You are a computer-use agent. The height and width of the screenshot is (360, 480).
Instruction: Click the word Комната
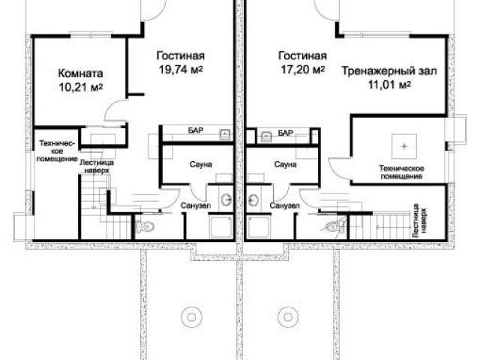point(80,73)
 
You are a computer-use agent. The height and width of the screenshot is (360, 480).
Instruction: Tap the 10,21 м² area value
point(80,87)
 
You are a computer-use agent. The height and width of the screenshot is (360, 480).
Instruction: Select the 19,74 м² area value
point(181,70)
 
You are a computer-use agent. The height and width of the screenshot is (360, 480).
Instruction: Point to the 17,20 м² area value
point(303,70)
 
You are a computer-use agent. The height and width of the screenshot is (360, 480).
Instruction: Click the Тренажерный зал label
point(389,71)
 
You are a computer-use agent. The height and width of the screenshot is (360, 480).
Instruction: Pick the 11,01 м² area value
point(389,84)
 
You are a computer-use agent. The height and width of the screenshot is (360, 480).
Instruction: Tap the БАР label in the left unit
point(196,130)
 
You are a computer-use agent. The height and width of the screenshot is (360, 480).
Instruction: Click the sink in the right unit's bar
point(267,136)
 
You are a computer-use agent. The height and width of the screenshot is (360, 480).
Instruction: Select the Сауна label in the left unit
point(201,164)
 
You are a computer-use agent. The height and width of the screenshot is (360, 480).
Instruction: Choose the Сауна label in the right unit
point(285,164)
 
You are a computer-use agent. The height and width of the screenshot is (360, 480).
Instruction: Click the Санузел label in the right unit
point(285,205)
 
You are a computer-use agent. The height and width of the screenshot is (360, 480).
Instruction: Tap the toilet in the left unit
point(145,226)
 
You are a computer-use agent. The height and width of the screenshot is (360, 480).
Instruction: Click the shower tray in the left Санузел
point(220,226)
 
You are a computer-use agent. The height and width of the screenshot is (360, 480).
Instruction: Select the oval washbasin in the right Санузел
point(253,200)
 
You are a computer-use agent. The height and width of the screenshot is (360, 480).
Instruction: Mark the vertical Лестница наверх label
point(419,220)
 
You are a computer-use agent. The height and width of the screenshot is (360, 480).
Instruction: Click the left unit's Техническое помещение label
point(57,151)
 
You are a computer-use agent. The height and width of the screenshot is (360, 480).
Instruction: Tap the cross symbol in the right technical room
point(404,146)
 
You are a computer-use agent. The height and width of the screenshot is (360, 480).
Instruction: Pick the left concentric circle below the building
point(192,317)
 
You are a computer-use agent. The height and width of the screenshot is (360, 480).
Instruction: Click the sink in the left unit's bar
point(226,134)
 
